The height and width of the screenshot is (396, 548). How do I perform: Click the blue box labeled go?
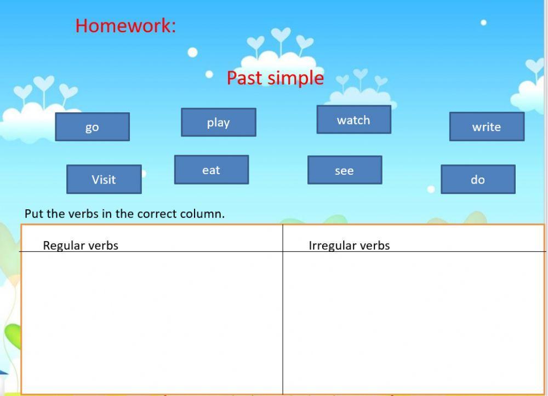point(92,127)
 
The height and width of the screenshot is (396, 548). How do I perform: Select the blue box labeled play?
point(219,122)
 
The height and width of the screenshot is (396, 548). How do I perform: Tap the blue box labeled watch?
point(353,119)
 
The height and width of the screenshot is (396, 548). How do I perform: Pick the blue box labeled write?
point(487,127)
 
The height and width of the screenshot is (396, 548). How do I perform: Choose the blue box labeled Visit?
point(104,179)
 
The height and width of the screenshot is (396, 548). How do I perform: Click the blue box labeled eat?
point(212,170)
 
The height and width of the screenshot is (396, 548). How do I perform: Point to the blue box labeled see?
point(345,170)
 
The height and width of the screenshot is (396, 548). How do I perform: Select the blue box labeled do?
point(478,179)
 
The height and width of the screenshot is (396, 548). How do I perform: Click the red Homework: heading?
point(126,26)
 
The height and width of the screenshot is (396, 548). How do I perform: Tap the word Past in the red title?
point(244,78)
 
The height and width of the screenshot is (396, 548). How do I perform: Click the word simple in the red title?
point(295,78)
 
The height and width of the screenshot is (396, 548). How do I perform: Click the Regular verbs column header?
point(81,245)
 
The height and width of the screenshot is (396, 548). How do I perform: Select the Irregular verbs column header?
point(349,245)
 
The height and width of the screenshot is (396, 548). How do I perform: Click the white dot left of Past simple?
point(209,74)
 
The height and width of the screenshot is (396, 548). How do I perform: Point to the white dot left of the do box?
point(431,189)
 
